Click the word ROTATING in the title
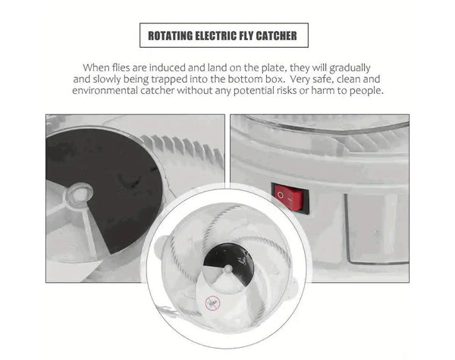[x=171, y=36]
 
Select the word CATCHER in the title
[x=276, y=36]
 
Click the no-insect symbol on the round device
[x=212, y=303]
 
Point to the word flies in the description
[x=121, y=67]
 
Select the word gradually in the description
[x=350, y=68]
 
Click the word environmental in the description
[x=105, y=90]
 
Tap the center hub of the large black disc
[x=80, y=193]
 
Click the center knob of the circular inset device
[x=228, y=269]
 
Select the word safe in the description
[x=323, y=79]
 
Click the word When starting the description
[x=96, y=67]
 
